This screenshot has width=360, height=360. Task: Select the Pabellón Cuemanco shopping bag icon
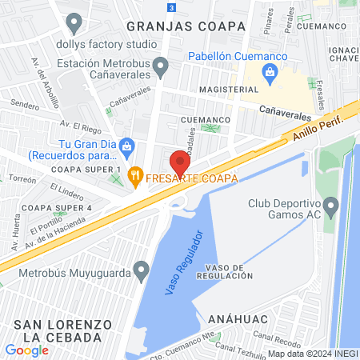pos(270,75)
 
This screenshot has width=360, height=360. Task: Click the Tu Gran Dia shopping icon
pos(129,146)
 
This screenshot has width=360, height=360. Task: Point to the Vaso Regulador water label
pos(184,263)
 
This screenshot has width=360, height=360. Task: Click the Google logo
pos(26,350)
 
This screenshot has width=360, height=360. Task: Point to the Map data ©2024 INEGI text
pos(312,354)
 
